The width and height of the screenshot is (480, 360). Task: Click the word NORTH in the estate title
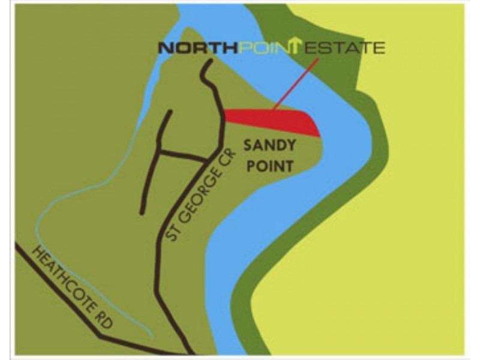point(198,48)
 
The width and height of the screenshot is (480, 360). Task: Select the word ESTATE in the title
point(346,48)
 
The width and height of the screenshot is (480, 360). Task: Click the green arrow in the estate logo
point(296,46)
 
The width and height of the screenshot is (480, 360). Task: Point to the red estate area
point(270,120)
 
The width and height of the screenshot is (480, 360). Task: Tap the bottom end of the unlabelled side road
point(142,212)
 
